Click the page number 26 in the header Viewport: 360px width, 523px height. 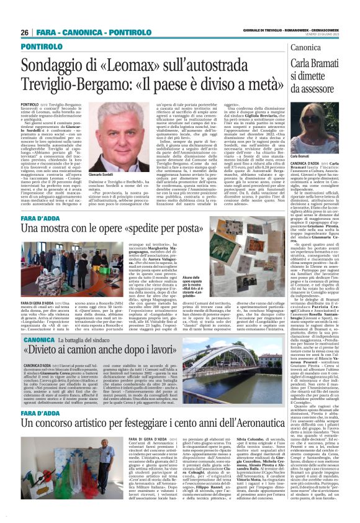tap(25, 32)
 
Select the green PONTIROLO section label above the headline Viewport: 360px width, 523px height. tap(41, 47)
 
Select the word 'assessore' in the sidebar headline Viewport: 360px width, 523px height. tap(329, 89)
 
